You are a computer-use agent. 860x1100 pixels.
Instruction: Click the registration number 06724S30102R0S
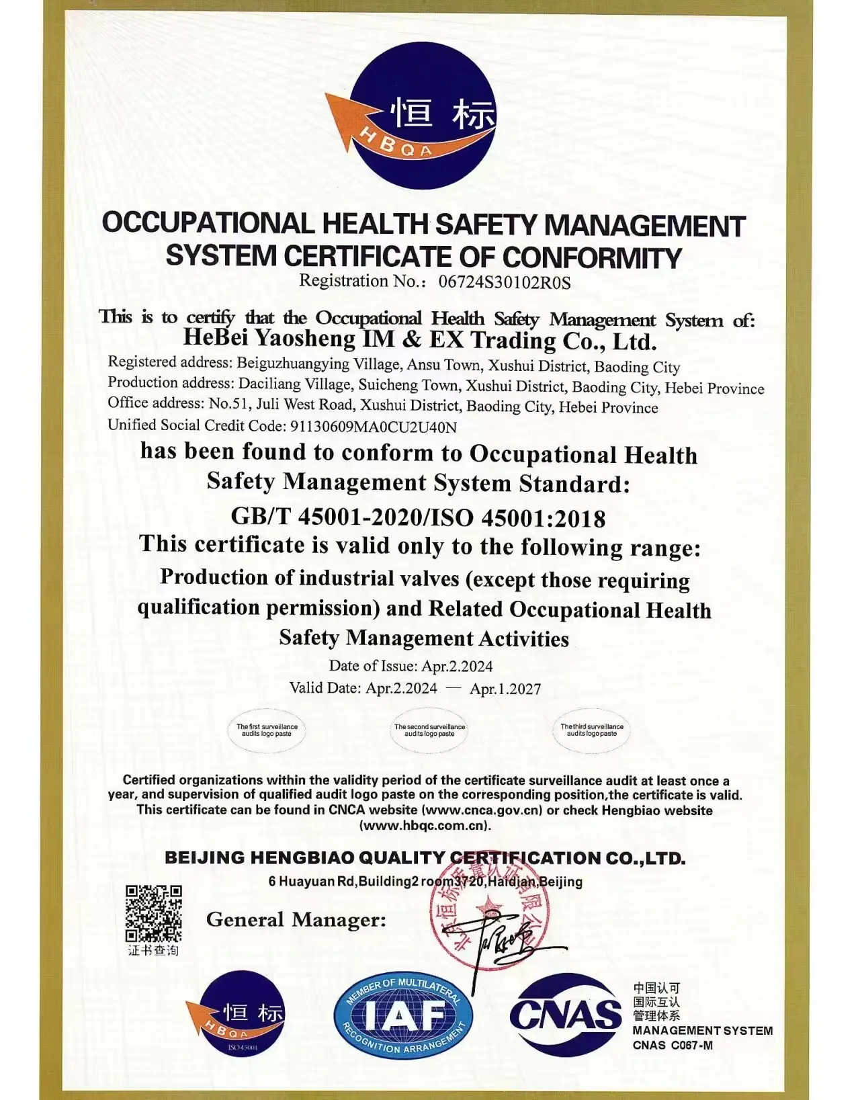pos(505,282)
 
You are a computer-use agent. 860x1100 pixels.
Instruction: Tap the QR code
pos(153,914)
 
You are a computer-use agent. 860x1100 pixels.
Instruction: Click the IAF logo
pos(403,1015)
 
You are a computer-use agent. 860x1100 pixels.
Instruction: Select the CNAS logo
pos(566,1015)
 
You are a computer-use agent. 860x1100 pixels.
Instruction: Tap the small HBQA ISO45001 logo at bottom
pos(239,1015)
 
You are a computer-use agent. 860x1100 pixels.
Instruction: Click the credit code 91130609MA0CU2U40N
pos(373,426)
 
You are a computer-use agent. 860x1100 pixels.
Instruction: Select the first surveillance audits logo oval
pos(267,730)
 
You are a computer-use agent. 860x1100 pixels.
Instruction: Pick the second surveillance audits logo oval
pos(429,730)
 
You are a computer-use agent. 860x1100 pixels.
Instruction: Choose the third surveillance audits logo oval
pos(592,730)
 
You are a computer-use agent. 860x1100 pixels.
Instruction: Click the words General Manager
pos(296,919)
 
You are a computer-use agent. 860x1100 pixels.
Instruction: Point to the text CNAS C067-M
pos(673,1046)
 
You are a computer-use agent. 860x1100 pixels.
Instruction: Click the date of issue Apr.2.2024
pos(457,666)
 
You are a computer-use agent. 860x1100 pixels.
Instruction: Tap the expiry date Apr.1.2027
pos(505,689)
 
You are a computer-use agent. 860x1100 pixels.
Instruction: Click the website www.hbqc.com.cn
pos(426,826)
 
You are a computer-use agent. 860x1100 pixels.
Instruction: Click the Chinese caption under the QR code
pos(153,950)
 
